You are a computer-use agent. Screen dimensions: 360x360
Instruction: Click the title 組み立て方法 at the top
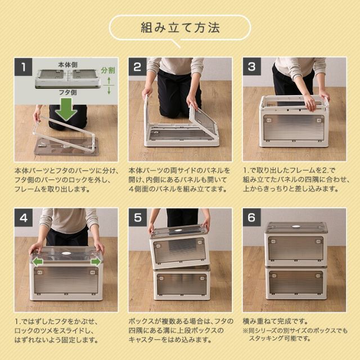[180, 27]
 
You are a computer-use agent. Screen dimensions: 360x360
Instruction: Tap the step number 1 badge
[24, 67]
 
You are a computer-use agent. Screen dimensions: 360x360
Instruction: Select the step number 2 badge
[138, 67]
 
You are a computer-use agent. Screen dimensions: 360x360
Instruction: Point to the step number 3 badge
[252, 67]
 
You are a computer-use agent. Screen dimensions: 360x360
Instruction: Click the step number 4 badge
[24, 218]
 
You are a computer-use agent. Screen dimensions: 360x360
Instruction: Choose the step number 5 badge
[138, 218]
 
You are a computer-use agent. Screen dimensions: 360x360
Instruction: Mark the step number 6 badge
[252, 218]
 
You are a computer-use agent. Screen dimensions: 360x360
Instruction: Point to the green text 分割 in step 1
[108, 71]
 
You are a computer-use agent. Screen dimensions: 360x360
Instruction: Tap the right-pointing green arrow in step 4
[96, 262]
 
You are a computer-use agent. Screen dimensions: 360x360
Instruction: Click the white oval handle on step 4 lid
[67, 254]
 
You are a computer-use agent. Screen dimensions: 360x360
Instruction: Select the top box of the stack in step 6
[295, 243]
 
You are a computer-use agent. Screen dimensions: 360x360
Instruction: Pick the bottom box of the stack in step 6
[295, 281]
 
